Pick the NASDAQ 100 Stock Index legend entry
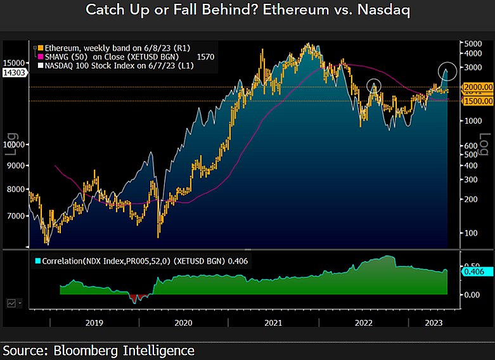click(101, 65)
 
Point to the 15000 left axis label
click(15, 63)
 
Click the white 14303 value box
click(14, 72)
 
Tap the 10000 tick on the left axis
click(15, 145)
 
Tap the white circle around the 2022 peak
click(373, 85)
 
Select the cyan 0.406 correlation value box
click(474, 272)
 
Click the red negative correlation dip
click(135, 298)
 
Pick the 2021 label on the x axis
click(273, 323)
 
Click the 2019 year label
click(94, 323)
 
